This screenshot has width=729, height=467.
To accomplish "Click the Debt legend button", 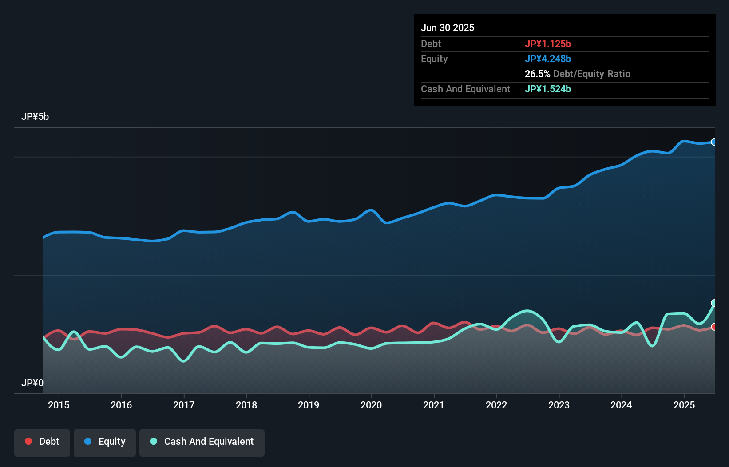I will click(42, 442).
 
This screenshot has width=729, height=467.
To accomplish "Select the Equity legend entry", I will click(105, 442).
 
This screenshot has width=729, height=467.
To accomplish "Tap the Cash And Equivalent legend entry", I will click(202, 442).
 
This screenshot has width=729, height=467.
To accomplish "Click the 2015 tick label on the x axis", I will click(59, 405).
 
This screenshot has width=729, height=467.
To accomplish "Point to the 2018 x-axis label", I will click(246, 405).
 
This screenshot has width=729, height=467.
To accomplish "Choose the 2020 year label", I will click(371, 405).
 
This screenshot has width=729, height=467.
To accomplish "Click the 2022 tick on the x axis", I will click(496, 405).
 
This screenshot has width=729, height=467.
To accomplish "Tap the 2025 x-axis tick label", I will click(684, 405).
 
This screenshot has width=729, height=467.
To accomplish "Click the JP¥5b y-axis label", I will click(35, 117).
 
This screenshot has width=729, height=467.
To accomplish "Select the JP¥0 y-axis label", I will click(32, 383).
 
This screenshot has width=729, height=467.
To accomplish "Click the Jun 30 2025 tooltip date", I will click(448, 28).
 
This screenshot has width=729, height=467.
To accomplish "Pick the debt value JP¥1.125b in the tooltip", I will click(547, 44).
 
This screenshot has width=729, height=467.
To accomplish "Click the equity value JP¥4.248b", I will click(547, 59).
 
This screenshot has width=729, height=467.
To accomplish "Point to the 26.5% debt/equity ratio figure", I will click(537, 74).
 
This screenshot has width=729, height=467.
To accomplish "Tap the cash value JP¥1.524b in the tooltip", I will click(547, 89).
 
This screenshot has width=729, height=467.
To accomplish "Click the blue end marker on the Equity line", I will click(714, 142).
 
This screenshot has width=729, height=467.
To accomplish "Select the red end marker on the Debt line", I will click(714, 327).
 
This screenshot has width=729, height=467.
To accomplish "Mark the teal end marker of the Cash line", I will click(714, 303).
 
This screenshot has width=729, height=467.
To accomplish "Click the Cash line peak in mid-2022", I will click(527, 311).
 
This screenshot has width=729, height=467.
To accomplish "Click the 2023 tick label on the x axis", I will click(559, 405).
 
